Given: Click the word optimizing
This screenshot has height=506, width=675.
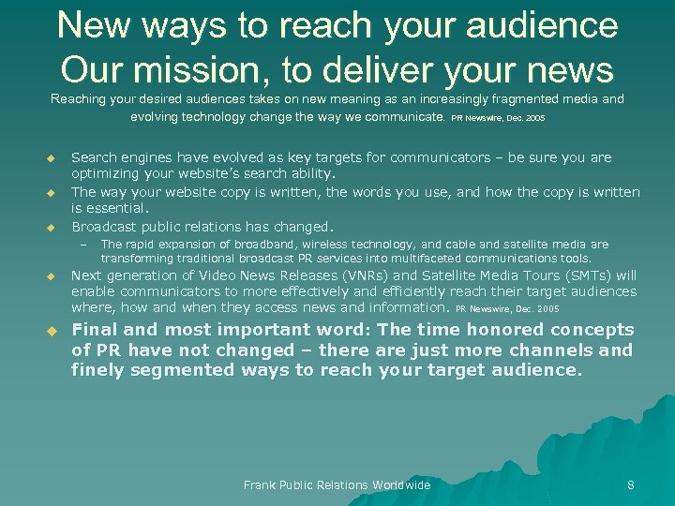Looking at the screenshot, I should [x=107, y=174].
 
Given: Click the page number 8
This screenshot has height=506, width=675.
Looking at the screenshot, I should [x=630, y=485].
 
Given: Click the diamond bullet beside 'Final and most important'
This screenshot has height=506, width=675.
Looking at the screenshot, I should [x=52, y=331].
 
